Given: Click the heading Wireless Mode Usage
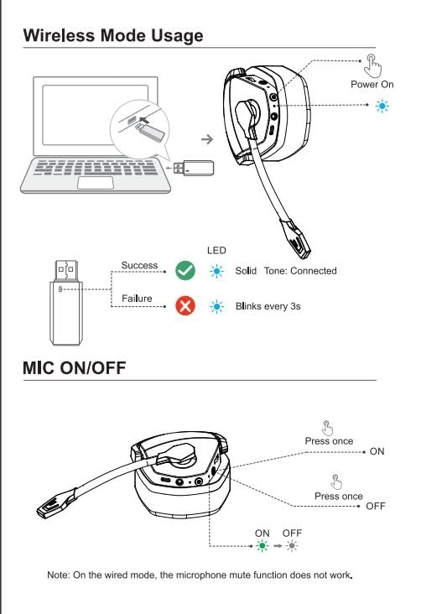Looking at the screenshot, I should [112, 35].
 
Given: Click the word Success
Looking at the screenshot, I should [139, 266].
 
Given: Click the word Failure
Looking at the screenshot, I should [137, 300].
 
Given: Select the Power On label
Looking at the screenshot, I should [372, 85].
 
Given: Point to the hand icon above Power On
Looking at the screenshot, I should [372, 65].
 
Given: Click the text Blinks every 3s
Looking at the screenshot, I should [268, 307].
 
